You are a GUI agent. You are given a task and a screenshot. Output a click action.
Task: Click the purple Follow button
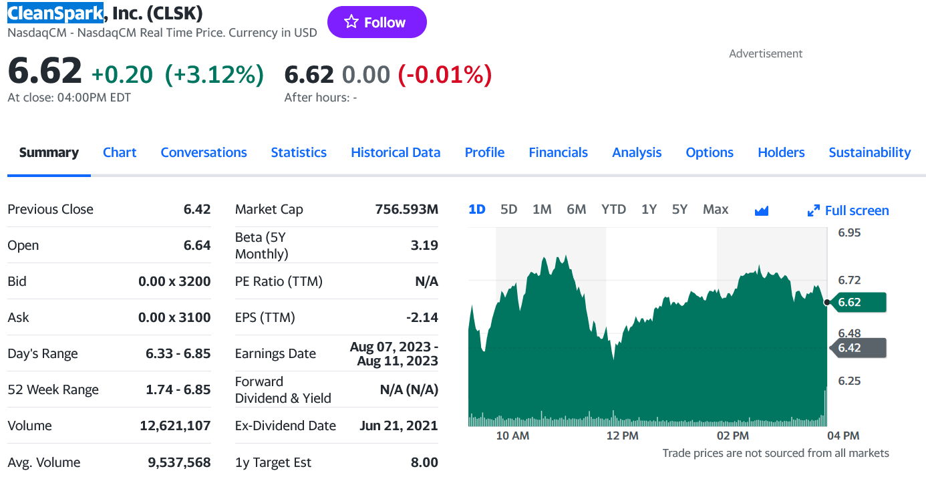pos(376,22)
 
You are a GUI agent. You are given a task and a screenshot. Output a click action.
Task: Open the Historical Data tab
pos(396,152)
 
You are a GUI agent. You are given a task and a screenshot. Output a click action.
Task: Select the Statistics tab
pos(299,152)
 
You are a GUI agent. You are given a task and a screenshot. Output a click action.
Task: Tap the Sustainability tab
pos(869,152)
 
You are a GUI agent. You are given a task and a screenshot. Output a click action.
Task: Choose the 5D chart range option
pos(508,209)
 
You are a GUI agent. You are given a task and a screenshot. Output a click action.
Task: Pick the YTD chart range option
pos(613,209)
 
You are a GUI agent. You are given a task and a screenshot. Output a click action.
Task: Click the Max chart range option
pos(715,209)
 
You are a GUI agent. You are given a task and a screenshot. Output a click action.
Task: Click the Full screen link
pos(848,210)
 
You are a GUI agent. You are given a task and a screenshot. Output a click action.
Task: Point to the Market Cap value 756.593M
pos(406,209)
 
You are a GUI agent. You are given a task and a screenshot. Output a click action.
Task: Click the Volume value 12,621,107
pos(175,426)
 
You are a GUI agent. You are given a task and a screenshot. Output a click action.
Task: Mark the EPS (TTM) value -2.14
pos(422,317)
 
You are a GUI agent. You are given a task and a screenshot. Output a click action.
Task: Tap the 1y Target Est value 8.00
pos(424,462)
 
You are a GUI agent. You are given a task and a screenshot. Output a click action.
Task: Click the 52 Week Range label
pos(53,389)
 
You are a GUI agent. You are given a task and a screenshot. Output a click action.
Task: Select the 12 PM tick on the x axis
pos(622,436)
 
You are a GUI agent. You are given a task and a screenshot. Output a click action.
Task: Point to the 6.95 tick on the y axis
pos(849,232)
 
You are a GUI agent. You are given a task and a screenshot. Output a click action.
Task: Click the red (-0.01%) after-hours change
pos(445,75)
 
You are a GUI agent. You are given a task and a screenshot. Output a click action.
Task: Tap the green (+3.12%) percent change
pos(214,75)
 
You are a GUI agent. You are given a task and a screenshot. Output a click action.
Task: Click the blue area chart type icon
pos(761,210)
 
